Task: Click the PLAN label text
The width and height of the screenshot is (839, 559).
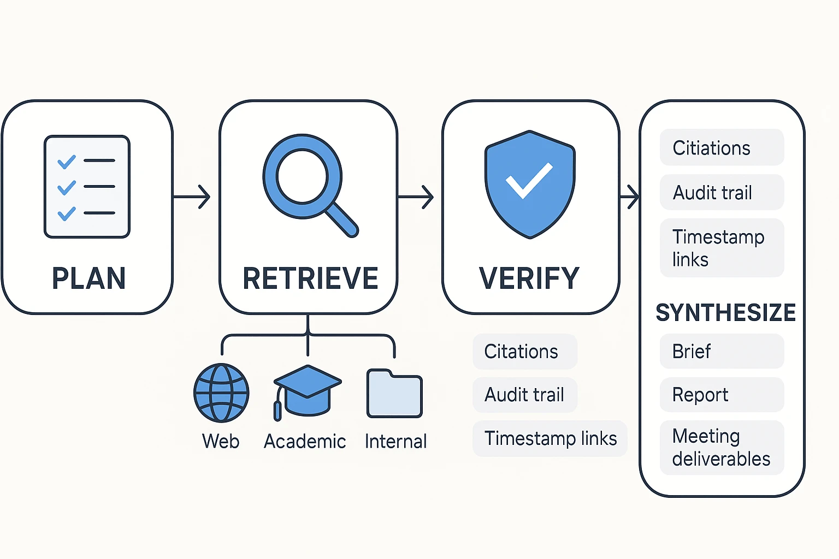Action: (x=88, y=278)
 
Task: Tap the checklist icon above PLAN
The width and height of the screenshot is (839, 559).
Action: (x=87, y=187)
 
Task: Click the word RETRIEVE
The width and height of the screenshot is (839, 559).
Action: (x=310, y=278)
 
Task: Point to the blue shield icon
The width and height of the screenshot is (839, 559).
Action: (x=529, y=184)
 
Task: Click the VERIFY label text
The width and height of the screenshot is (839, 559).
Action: (x=529, y=278)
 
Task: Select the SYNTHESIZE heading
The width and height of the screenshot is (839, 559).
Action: (x=725, y=313)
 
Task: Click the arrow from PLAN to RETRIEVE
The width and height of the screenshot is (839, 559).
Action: (x=192, y=197)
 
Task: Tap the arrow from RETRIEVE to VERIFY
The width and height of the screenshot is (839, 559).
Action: (x=416, y=197)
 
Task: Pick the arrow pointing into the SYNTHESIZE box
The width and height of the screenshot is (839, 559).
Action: (x=629, y=197)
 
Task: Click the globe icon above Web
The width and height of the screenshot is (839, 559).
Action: (x=221, y=393)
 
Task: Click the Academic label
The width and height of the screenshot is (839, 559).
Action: (x=305, y=441)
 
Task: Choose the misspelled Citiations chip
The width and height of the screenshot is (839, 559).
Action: (x=722, y=148)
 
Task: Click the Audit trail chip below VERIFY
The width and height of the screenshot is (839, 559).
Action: (x=524, y=395)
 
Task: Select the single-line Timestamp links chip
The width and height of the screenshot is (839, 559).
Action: (x=550, y=438)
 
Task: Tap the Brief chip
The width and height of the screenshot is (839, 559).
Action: (x=722, y=352)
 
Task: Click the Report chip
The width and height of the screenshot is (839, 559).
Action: (x=722, y=395)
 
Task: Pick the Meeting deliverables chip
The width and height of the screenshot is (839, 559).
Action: (x=722, y=448)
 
